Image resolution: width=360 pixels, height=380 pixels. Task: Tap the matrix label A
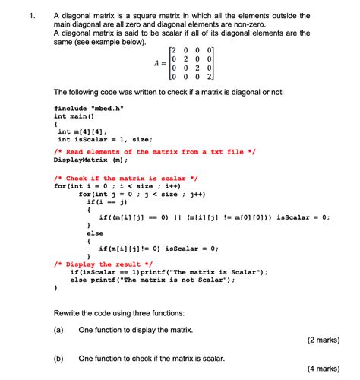pos(156,63)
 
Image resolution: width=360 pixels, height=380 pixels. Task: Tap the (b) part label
pos(58,357)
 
